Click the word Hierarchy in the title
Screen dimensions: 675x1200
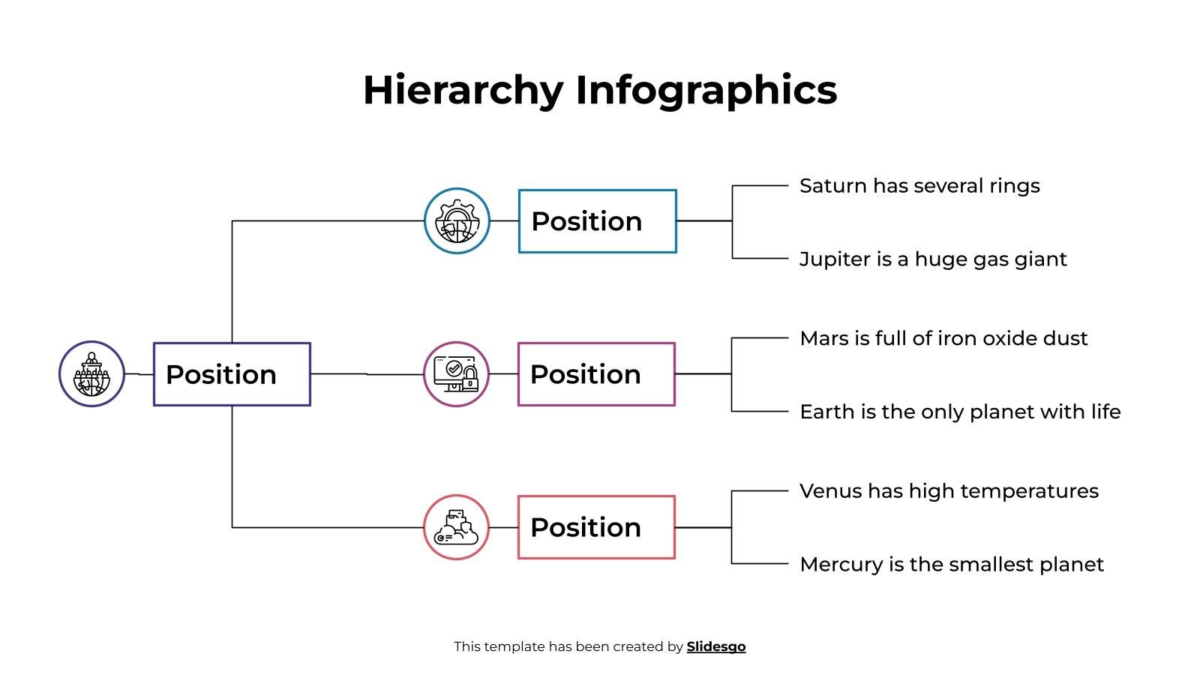(462, 90)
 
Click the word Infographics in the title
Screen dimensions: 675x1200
(706, 90)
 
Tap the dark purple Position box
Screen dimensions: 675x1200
(232, 374)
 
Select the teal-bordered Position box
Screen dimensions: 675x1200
(597, 221)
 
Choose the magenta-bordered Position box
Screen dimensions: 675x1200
(596, 374)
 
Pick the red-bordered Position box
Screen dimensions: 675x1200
(596, 527)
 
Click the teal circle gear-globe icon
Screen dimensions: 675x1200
(457, 221)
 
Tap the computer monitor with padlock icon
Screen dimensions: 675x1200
(456, 374)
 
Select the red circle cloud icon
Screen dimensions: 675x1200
(456, 527)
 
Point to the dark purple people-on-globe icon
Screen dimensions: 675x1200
(91, 374)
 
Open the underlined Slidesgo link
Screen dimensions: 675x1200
(715, 646)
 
